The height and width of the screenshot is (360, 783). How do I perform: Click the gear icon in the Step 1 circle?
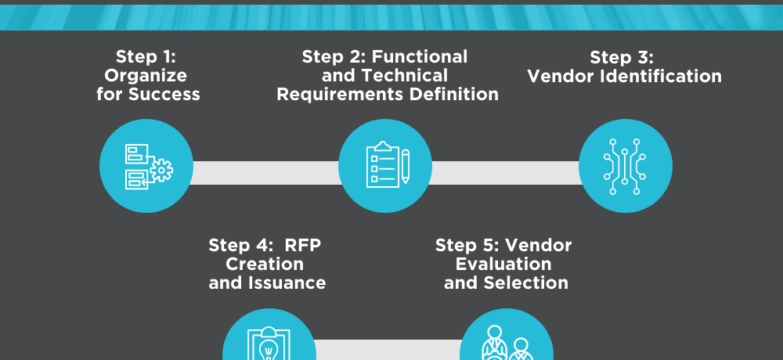click(161, 170)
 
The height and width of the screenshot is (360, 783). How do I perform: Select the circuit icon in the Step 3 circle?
click(624, 166)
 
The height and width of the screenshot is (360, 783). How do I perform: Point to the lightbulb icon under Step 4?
click(269, 345)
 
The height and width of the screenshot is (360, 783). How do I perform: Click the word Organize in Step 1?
click(146, 76)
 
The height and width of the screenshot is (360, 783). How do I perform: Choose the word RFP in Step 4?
click(303, 245)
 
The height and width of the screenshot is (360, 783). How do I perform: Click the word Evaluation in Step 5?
click(503, 264)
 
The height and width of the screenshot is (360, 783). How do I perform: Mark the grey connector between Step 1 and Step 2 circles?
click(265, 173)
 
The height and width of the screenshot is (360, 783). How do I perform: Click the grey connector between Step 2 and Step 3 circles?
click(505, 173)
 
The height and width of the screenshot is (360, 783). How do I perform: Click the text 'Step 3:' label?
click(622, 57)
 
